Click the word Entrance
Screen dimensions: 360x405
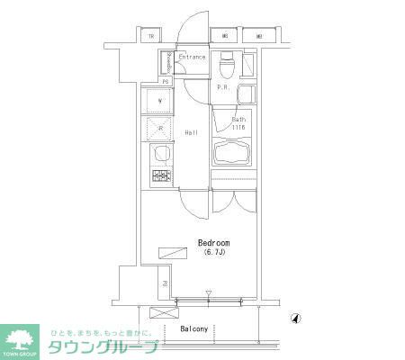pos(192,58)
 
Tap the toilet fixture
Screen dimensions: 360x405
pos(227,65)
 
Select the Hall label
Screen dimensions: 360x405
pos(192,133)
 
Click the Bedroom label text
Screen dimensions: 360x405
pos(213,243)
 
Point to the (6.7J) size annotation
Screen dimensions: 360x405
pos(213,254)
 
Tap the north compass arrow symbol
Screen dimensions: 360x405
pos(296,318)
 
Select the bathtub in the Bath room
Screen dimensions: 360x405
pos(233,152)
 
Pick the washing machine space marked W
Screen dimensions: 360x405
pos(159,100)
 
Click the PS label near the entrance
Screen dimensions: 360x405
pos(166,81)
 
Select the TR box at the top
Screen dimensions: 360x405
pos(152,37)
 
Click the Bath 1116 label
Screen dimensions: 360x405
pos(238,123)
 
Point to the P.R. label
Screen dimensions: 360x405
pos(221,87)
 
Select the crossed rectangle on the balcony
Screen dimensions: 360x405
pos(164,314)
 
